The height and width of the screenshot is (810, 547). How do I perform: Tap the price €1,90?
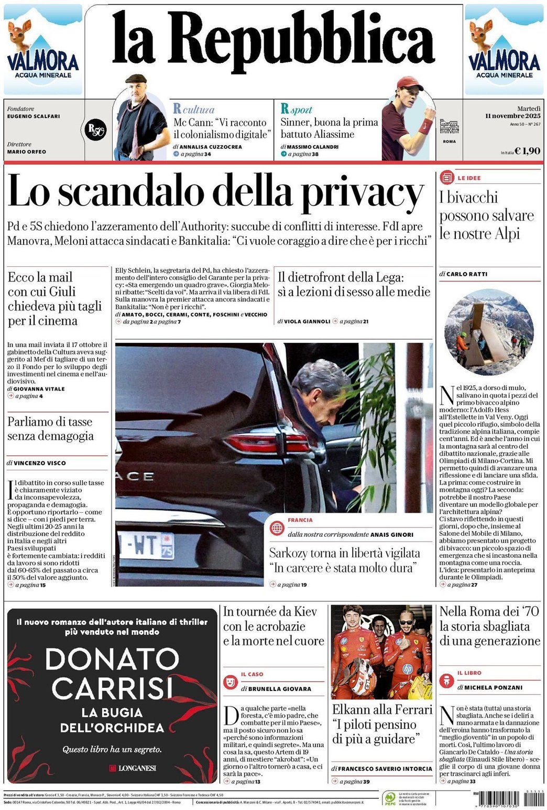click(x=527, y=151)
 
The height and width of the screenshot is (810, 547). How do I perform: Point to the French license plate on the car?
click(x=146, y=545)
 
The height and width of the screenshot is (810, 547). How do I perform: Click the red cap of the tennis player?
click(x=409, y=82)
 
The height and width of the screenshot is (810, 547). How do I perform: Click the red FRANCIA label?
click(x=300, y=520)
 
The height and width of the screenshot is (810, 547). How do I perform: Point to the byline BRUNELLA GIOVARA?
click(x=279, y=689)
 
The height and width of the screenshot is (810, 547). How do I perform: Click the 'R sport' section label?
click(x=297, y=110)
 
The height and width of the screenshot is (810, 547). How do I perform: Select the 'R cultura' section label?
click(x=194, y=109)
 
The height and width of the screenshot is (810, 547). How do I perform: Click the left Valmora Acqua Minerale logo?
click(x=43, y=50)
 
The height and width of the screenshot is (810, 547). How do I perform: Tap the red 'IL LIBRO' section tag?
click(x=469, y=673)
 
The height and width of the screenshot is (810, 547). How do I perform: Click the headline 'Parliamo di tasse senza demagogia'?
click(x=50, y=429)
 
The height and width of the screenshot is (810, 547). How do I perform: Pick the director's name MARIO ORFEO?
click(x=27, y=152)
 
